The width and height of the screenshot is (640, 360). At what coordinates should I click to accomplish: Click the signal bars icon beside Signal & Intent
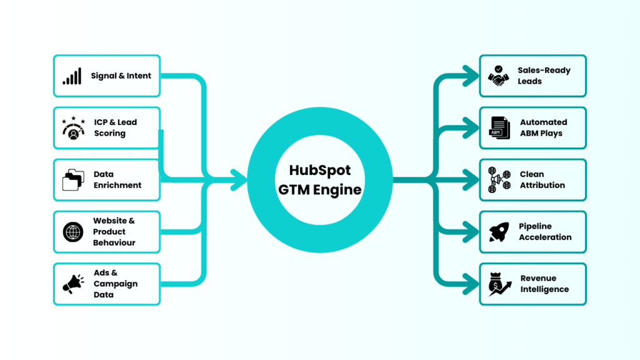[x=72, y=76]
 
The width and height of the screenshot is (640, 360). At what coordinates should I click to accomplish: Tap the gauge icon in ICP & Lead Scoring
[x=74, y=128]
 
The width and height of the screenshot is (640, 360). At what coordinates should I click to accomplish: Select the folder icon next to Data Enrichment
[x=72, y=180]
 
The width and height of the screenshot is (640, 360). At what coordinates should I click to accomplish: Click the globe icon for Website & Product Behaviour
[x=72, y=232]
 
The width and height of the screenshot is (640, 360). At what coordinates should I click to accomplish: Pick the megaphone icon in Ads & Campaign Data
[x=72, y=284]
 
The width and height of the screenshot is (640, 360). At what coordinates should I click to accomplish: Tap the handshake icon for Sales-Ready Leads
[x=498, y=76]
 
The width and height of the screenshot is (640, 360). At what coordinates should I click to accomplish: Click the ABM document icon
[x=499, y=128]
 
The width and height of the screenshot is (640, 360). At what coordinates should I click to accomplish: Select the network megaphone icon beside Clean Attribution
[x=499, y=180]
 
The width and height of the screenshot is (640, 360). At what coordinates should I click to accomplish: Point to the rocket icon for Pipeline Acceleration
[x=498, y=232]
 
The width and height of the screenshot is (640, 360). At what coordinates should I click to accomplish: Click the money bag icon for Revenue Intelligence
[x=499, y=284]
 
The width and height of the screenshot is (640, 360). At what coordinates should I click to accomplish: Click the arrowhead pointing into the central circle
[x=239, y=180]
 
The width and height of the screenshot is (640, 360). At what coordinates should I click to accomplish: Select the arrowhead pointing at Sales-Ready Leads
[x=470, y=76]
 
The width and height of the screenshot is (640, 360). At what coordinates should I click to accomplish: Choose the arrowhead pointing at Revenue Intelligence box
[x=470, y=284]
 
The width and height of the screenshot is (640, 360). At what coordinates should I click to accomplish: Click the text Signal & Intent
[x=121, y=76]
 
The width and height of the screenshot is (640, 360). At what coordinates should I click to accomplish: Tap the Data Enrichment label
[x=117, y=180]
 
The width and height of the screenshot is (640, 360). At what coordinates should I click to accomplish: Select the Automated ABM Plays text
[x=543, y=127]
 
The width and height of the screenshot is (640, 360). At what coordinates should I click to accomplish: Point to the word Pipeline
[x=535, y=226]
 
